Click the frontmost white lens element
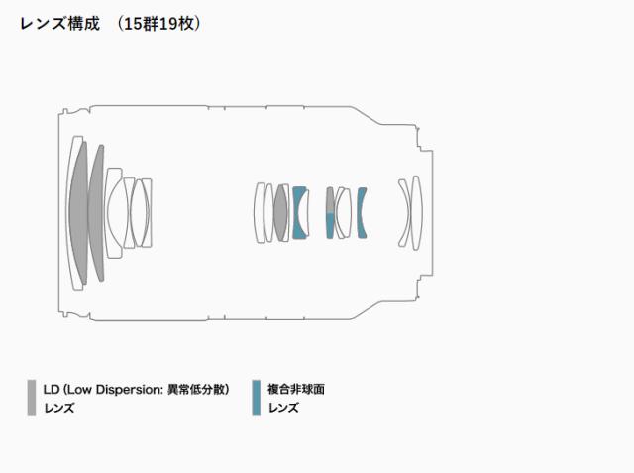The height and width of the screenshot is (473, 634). coord(71,213)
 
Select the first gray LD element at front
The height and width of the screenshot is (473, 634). coord(79,213)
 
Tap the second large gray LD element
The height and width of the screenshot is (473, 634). coord(96,213)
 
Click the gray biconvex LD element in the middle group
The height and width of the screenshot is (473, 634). coord(280,213)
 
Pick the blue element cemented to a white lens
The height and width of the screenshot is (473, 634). coord(297,213)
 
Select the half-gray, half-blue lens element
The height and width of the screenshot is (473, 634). coord(330,213)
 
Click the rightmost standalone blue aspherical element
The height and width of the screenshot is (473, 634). coord(361,213)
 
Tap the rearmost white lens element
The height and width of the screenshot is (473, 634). coord(417,213)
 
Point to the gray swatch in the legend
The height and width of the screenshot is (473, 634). coord(32,398)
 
